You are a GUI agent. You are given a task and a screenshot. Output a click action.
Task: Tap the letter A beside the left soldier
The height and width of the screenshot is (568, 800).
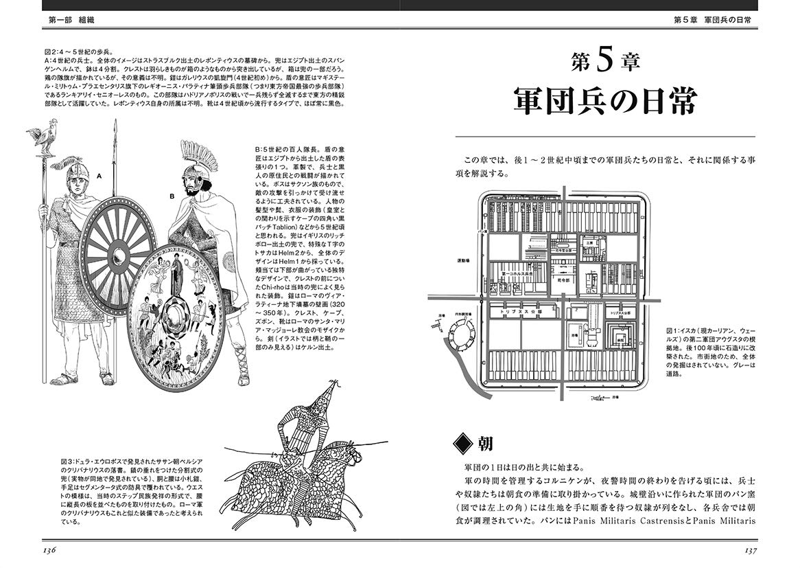pos(99,177)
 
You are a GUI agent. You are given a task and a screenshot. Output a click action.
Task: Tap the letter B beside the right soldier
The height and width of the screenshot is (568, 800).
pos(172,196)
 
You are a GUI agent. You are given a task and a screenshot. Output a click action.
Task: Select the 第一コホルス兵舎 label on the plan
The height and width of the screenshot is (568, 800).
pos(518,273)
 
